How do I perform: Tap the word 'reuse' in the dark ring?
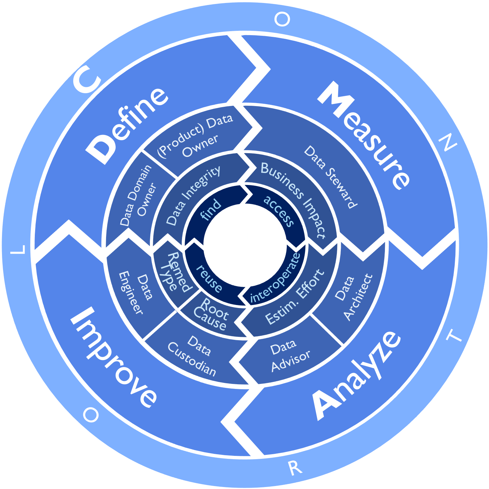[209, 278]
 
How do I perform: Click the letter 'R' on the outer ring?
[295, 468]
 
